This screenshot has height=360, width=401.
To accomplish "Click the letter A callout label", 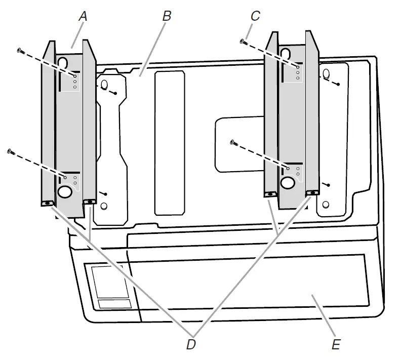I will (x=83, y=17).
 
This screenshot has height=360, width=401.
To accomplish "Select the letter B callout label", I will (x=167, y=16).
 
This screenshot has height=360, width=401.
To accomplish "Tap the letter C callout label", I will (x=255, y=16).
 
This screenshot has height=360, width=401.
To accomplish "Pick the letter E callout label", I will (x=336, y=345).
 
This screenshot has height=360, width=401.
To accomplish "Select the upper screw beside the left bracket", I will (x=19, y=50).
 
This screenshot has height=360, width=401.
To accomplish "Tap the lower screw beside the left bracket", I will (x=10, y=150).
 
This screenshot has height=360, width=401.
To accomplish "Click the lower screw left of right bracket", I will (x=233, y=142).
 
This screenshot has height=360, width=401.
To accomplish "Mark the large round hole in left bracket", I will (x=65, y=191).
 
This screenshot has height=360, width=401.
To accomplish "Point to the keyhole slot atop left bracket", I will (x=63, y=62).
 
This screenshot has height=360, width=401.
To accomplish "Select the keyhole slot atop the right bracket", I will (x=286, y=54).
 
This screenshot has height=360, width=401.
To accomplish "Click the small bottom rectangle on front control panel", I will (x=113, y=303).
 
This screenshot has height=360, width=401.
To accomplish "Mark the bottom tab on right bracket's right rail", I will (x=312, y=193).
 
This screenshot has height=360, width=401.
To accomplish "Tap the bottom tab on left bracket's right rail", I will (x=90, y=202).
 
